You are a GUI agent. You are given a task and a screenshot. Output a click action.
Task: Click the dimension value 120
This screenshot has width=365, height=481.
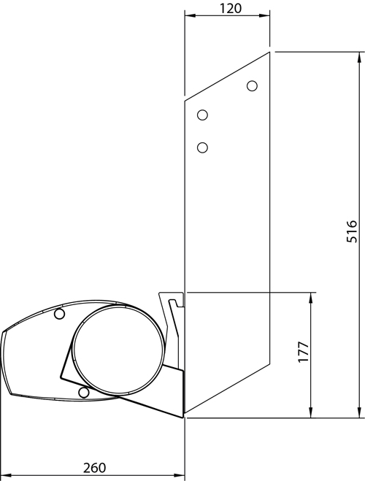point(231,8)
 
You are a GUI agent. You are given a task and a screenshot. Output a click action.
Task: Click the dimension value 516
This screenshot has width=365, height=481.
point(352,231)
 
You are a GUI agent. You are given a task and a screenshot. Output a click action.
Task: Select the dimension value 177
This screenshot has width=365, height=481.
point(304,352)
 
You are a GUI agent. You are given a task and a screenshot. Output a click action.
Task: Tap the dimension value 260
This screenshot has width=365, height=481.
point(94,468)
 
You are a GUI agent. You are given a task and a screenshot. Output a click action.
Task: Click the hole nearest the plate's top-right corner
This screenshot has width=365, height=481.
point(252,86)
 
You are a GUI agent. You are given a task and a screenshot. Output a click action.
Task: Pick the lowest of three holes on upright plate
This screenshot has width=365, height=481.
point(202,147)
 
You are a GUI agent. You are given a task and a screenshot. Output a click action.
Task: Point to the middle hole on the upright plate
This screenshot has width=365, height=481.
point(202,115)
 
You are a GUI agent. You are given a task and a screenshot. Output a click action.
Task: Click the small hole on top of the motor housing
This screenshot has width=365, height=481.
point(60,314)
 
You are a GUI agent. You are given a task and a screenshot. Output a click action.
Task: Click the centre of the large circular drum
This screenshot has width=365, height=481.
point(120,350)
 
